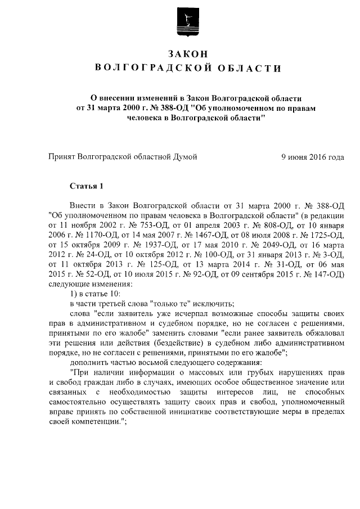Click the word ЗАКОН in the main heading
pyautogui.click(x=188, y=53)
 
